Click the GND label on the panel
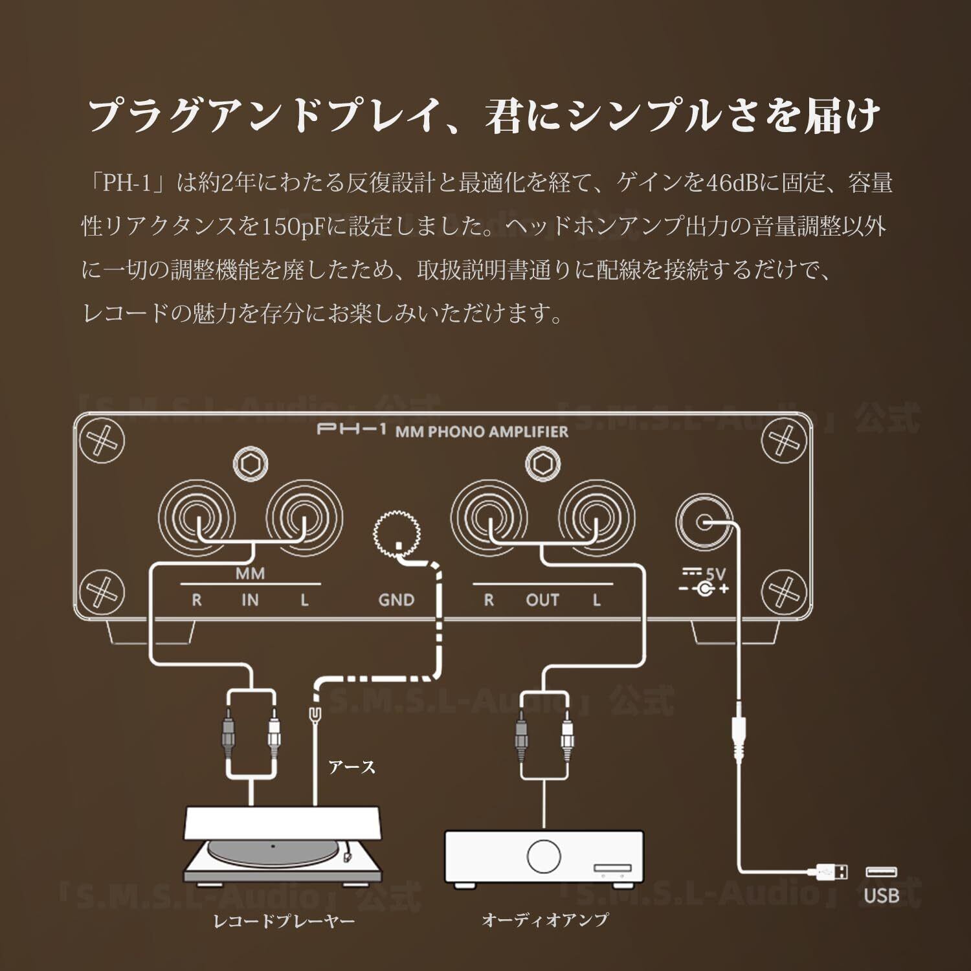(x=396, y=600)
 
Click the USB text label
(x=882, y=895)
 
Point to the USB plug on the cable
(x=832, y=872)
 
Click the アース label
(x=352, y=768)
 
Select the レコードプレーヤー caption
(x=284, y=921)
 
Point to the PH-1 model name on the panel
(x=352, y=430)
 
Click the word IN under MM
(x=250, y=600)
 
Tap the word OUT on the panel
(x=542, y=600)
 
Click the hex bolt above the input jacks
(x=250, y=465)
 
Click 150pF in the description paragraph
(x=293, y=226)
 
